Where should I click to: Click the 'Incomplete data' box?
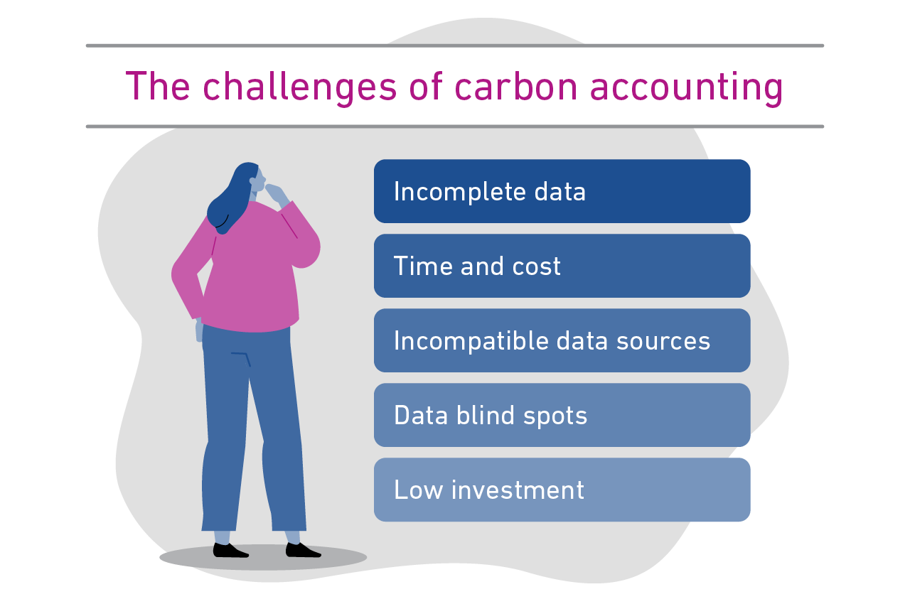pos(562,191)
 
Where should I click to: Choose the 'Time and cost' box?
pos(562,266)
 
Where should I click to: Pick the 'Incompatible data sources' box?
pos(562,340)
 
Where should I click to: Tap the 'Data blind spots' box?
pos(562,415)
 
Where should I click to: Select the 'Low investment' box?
pos(562,490)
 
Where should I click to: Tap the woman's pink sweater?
pos(252,270)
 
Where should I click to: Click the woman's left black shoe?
pos(230,550)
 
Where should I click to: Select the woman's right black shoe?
pos(301,550)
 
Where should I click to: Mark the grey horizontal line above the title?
pos(455,45)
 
